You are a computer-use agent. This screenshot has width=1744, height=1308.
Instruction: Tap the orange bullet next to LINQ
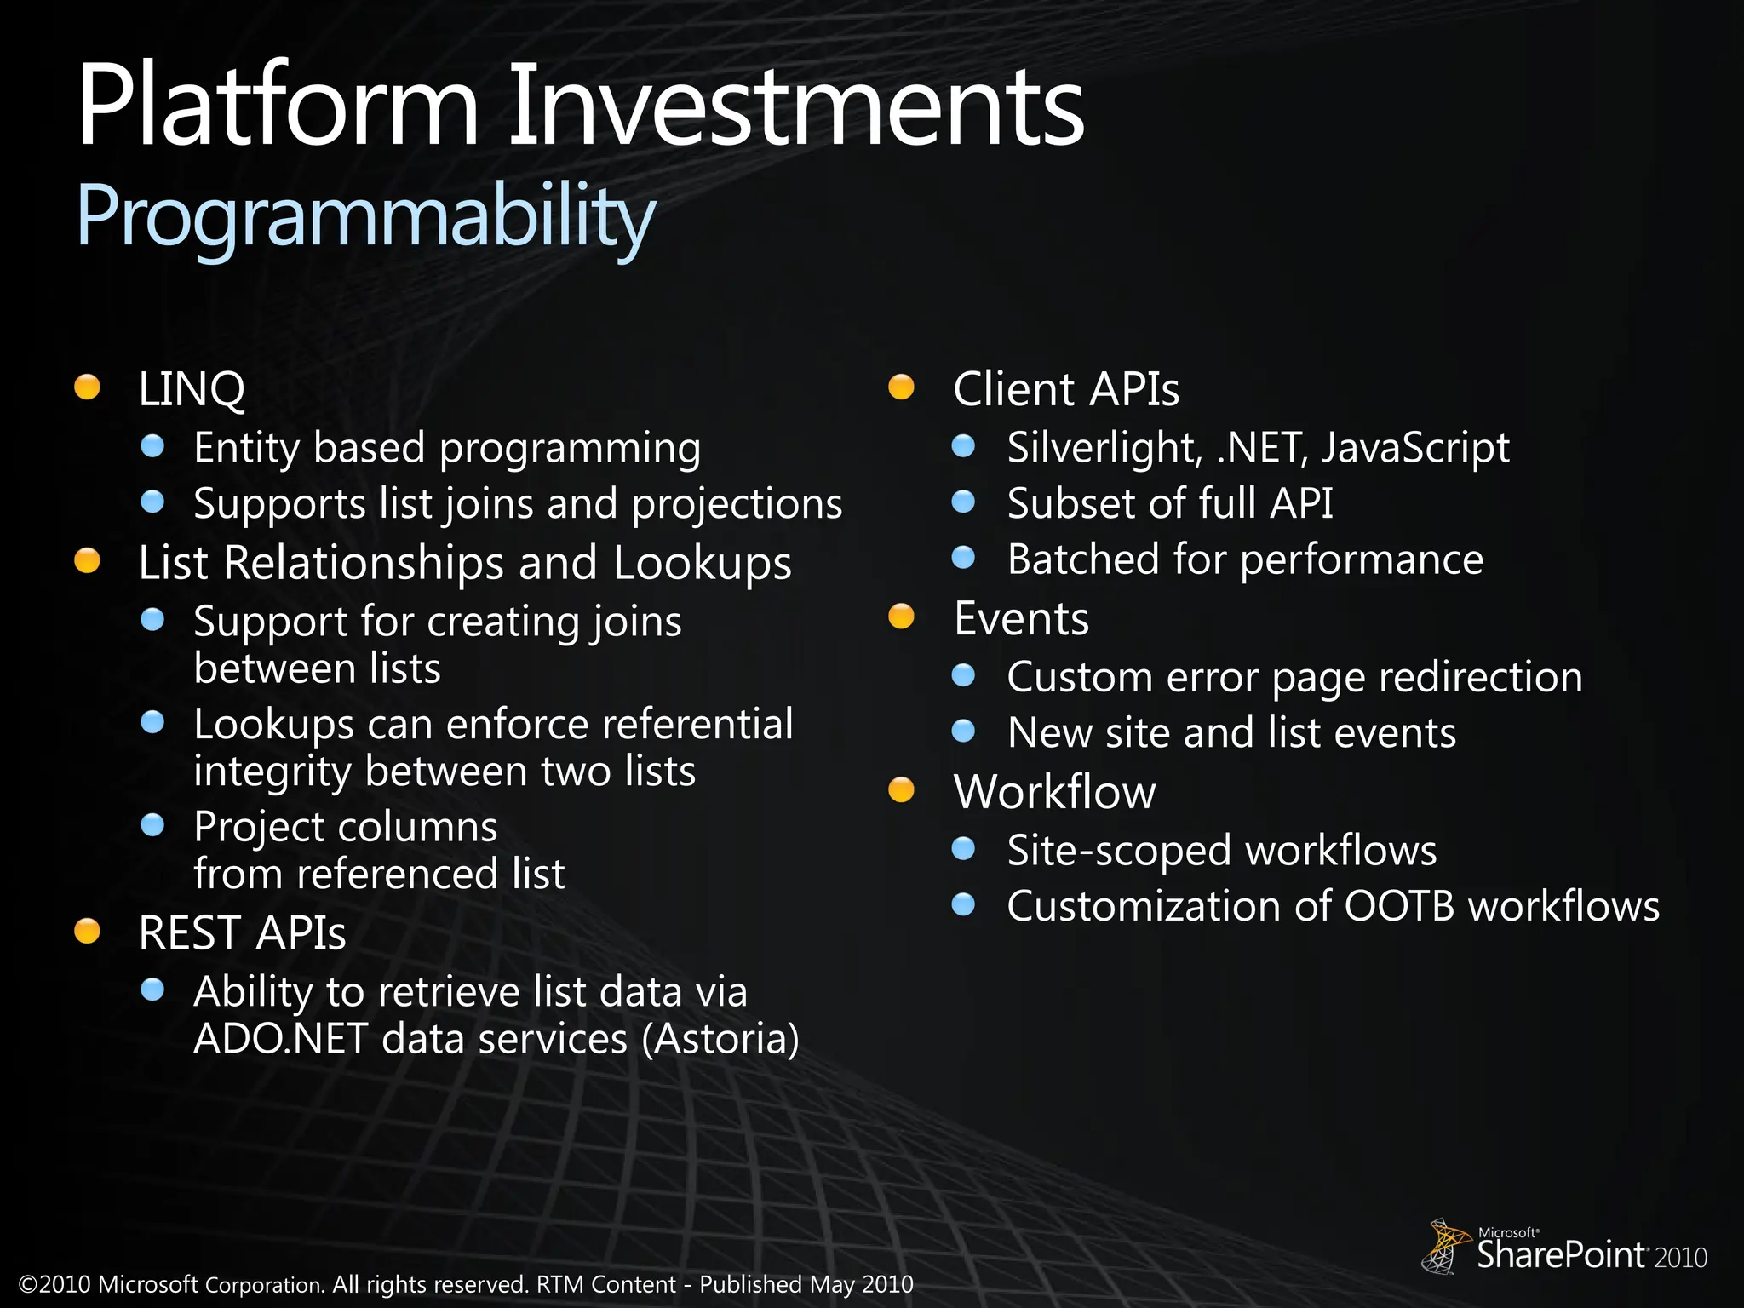[87, 387]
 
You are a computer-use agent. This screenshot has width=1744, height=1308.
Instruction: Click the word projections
[737, 504]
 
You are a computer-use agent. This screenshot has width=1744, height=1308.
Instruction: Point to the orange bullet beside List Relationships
[87, 561]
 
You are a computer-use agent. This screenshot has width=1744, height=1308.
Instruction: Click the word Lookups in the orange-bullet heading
[703, 564]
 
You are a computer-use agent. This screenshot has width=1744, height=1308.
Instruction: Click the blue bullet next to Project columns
[152, 825]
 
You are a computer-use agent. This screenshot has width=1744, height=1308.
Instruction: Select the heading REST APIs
[242, 932]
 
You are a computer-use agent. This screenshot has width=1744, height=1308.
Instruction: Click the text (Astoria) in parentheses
[720, 1039]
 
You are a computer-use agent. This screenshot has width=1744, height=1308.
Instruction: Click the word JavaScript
[1415, 448]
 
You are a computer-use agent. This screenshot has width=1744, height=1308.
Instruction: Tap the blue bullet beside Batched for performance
[963, 558]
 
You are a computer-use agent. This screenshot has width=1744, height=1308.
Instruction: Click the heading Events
[1021, 618]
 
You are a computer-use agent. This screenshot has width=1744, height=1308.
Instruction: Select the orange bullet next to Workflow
[901, 790]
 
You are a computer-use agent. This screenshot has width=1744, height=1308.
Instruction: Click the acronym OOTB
[1399, 906]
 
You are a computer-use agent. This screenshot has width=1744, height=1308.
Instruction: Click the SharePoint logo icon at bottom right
[1444, 1247]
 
